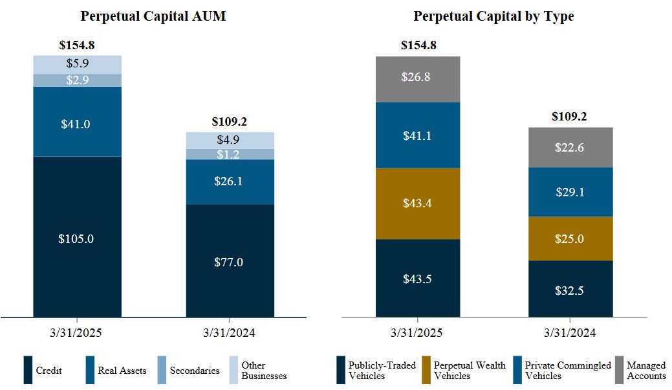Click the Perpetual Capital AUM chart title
pos(153,16)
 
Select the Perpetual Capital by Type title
pos(493,16)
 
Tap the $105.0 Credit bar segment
pos(77,238)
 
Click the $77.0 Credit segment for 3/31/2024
pos(230,262)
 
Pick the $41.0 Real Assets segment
pos(77,123)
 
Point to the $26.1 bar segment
pos(230,182)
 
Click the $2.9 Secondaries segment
pos(77,80)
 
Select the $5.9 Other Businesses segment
pos(77,64)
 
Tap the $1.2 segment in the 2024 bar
pos(230,154)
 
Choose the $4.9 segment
pos(230,141)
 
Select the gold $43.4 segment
pos(417,203)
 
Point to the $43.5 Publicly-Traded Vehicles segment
pos(417,279)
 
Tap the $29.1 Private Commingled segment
pos(570,192)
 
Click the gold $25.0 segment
pos(570,238)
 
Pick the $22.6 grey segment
pos(570,147)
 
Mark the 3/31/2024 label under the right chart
pos(570,333)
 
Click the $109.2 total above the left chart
pos(230,121)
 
